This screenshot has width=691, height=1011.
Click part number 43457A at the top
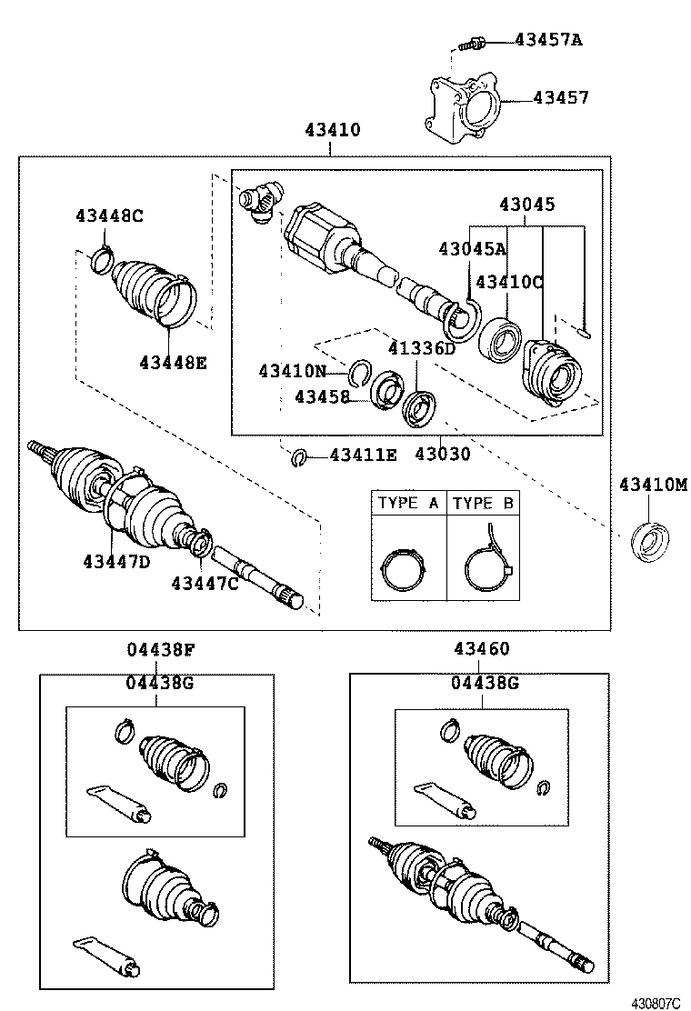point(548,39)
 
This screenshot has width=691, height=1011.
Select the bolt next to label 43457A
point(472,41)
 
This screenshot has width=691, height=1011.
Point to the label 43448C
point(109,215)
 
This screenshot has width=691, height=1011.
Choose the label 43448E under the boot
point(173,363)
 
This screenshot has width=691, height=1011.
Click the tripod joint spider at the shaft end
point(261,200)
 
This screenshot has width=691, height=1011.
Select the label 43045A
point(472,248)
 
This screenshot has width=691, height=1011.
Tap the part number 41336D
point(421,348)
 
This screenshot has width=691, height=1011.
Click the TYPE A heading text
point(408,503)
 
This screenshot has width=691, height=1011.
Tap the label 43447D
point(116,561)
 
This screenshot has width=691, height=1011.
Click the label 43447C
point(205,583)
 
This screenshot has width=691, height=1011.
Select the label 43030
point(443,454)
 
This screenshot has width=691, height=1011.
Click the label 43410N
point(292,371)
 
